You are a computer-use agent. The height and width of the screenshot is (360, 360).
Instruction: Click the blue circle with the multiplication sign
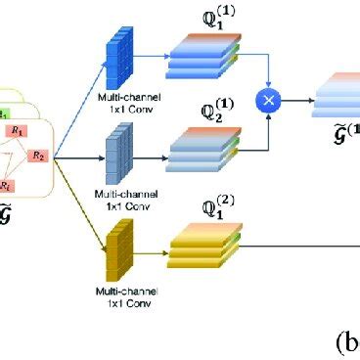click(x=267, y=100)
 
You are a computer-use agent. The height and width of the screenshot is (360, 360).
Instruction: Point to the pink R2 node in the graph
click(x=40, y=155)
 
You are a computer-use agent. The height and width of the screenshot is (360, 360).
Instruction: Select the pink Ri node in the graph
click(x=8, y=185)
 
